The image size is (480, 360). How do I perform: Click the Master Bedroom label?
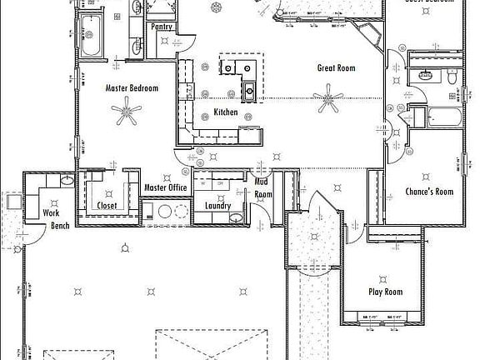tap(132, 87)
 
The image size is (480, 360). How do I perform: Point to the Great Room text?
tap(336, 68)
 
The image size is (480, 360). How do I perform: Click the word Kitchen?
tap(226, 112)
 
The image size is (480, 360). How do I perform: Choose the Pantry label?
tap(162, 27)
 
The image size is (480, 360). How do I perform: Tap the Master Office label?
tap(165, 187)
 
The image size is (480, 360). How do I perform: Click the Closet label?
tap(107, 205)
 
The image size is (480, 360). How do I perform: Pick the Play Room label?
tap(386, 292)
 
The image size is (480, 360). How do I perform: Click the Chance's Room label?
tap(428, 192)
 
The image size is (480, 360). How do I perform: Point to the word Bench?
tap(60, 225)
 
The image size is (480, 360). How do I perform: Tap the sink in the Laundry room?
tap(237, 217)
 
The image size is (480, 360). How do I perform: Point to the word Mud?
tap(261, 181)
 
